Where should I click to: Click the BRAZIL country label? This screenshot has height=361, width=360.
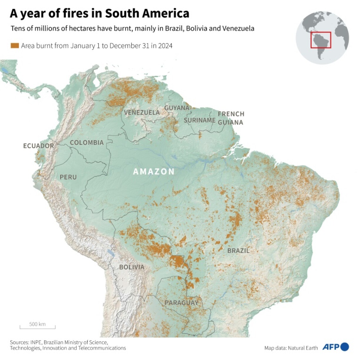pyautogui.click(x=238, y=251)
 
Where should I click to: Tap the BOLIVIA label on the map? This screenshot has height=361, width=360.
pyautogui.click(x=132, y=267)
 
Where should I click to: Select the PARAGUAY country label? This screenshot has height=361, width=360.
pyautogui.click(x=181, y=303)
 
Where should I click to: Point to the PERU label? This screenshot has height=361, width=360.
pyautogui.click(x=68, y=177)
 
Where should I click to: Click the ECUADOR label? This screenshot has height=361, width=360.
pyautogui.click(x=39, y=146)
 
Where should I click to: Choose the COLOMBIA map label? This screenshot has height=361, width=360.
pyautogui.click(x=87, y=142)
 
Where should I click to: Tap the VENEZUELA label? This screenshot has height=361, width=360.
pyautogui.click(x=142, y=113)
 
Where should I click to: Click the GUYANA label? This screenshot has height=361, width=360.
pyautogui.click(x=176, y=108)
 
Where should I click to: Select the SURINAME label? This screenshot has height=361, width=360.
pyautogui.click(x=200, y=120)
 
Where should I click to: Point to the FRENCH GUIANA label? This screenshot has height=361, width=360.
pyautogui.click(x=231, y=118)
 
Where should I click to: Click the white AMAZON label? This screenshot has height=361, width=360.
pyautogui.click(x=154, y=172)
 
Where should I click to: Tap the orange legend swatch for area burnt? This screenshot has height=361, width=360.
pyautogui.click(x=15, y=46)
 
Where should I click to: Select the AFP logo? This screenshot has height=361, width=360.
pyautogui.click(x=336, y=347)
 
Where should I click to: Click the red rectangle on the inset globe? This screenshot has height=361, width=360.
pyautogui.click(x=321, y=40)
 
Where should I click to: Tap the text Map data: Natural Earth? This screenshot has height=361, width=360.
pyautogui.click(x=291, y=348)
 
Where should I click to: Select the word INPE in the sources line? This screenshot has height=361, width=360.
pyautogui.click(x=36, y=342)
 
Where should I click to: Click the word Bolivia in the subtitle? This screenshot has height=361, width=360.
pyautogui.click(x=196, y=28)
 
